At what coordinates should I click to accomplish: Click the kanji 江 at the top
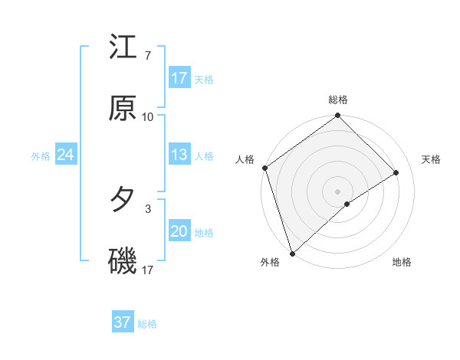(123, 47)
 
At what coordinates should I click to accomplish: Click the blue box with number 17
(179, 78)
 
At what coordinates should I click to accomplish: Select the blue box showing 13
(179, 155)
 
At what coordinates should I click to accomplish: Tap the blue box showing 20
(179, 232)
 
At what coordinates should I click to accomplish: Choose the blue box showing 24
(66, 155)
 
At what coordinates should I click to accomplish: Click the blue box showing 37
(123, 322)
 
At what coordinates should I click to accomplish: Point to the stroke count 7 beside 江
(147, 56)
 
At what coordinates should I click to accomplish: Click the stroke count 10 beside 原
(148, 117)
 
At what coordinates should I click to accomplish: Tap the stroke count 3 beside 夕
(147, 208)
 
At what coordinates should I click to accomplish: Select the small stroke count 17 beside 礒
(148, 270)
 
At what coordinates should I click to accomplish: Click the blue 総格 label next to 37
(147, 324)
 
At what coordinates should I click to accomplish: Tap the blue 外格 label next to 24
(41, 156)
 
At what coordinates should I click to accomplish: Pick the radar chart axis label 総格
(338, 100)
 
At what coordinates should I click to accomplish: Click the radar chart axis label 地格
(402, 263)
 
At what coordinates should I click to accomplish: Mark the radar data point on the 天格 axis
(396, 172)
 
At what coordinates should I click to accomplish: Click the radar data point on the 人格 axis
(264, 168)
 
